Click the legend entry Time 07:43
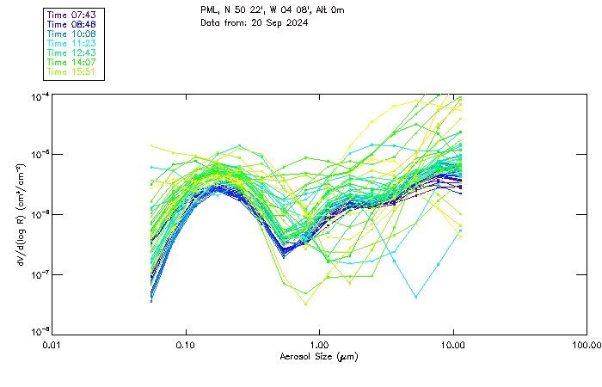[71, 15]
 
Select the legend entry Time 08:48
[71, 25]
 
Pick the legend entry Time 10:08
[71, 34]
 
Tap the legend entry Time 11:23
[71, 44]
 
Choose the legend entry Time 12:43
[71, 53]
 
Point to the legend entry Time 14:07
[71, 63]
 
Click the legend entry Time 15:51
[71, 72]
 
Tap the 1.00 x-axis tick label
[319, 345]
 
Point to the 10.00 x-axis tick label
[453, 345]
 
